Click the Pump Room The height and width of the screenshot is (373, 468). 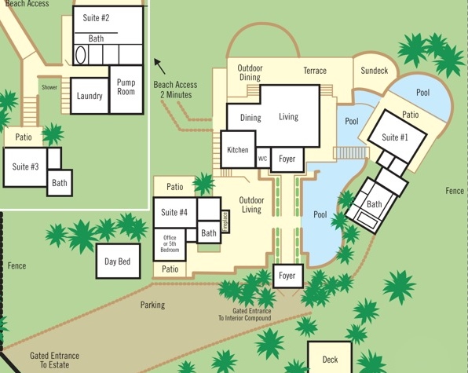[126, 90]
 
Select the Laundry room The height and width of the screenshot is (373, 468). [90, 96]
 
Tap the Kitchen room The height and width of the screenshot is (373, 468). [238, 149]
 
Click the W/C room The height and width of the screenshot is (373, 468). [263, 158]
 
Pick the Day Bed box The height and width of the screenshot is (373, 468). [118, 261]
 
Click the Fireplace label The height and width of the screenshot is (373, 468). [225, 221]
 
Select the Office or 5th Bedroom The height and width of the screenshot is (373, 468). [170, 244]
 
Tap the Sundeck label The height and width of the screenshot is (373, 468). [375, 71]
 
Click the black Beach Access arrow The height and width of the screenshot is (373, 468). [159, 66]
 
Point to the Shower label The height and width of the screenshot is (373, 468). [49, 87]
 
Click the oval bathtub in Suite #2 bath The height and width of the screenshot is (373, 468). [80, 55]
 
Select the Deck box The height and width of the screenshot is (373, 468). [330, 357]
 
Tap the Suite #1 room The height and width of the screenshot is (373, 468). [397, 137]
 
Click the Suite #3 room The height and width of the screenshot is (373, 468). [25, 166]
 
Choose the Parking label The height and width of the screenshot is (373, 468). [152, 305]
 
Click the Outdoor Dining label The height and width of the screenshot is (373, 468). [250, 72]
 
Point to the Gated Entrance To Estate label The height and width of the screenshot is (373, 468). [55, 360]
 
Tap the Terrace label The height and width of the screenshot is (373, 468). [315, 71]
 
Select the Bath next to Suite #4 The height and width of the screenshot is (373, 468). [209, 232]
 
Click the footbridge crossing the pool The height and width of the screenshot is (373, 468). [351, 153]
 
